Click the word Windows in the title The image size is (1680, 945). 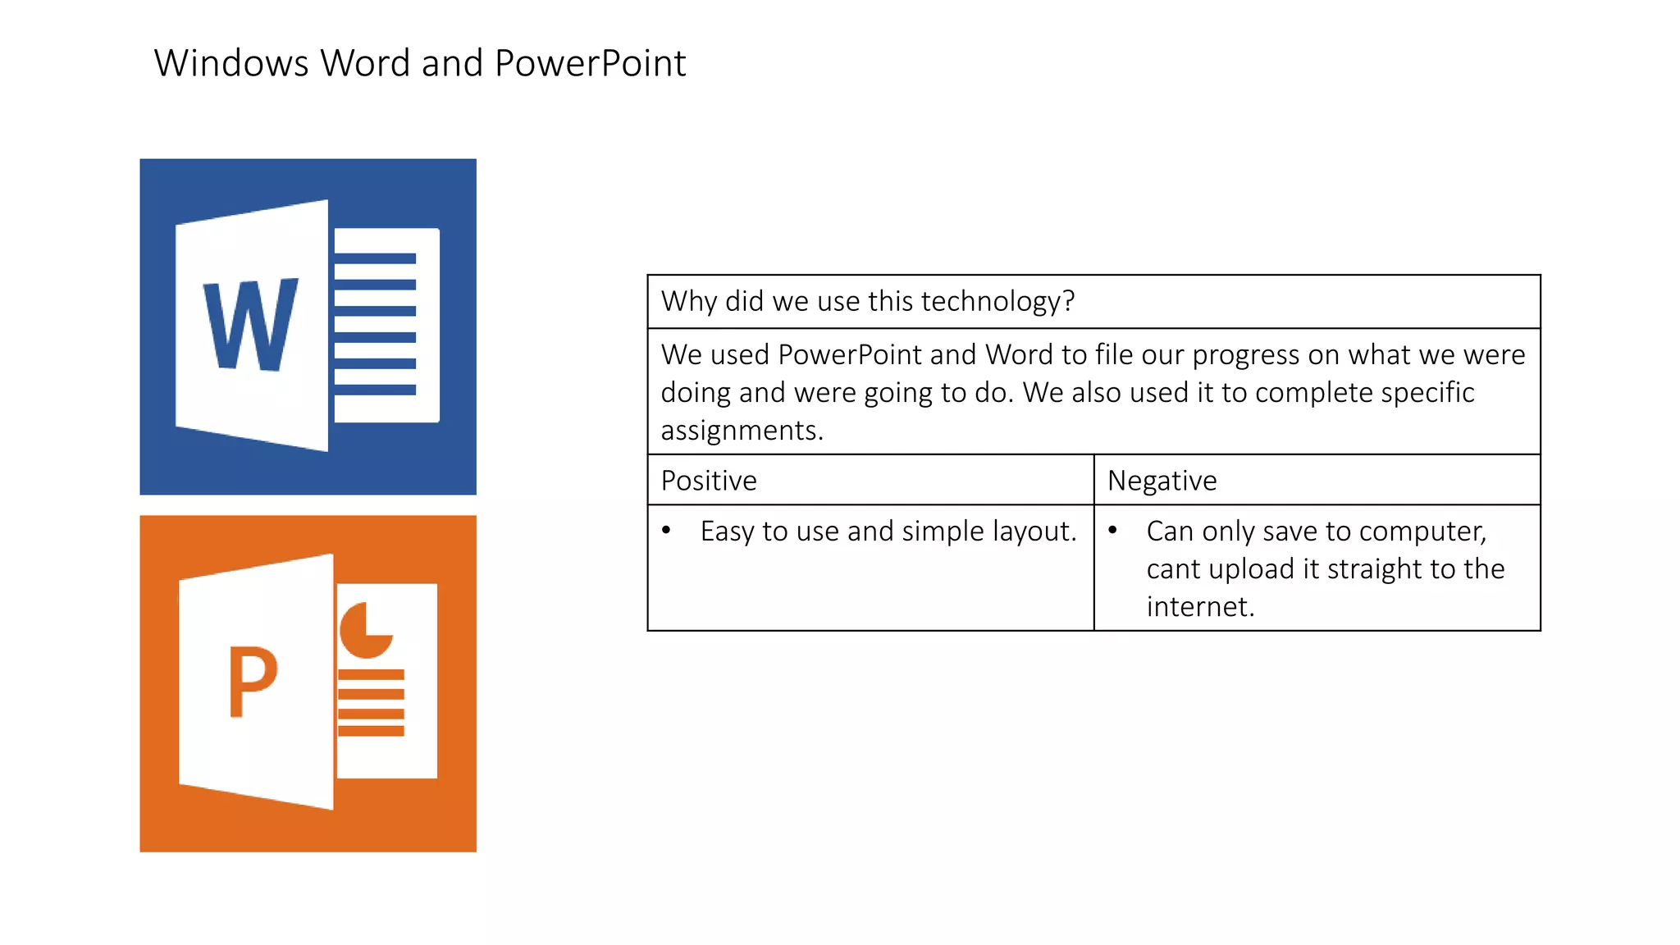pyautogui.click(x=231, y=63)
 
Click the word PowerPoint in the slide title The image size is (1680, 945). pyautogui.click(x=590, y=63)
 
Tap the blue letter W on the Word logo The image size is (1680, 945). pyautogui.click(x=250, y=325)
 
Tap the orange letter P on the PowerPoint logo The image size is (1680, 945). pyautogui.click(x=252, y=681)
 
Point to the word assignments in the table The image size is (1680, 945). pyautogui.click(x=741, y=431)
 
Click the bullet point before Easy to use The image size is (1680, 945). pyautogui.click(x=666, y=531)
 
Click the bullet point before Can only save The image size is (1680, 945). pyautogui.click(x=1112, y=531)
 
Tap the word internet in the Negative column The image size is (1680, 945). pyautogui.click(x=1199, y=607)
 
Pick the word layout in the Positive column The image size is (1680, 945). pyautogui.click(x=1033, y=532)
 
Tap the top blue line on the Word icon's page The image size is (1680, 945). pyautogui.click(x=375, y=258)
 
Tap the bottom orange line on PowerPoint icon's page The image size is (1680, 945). pyautogui.click(x=371, y=730)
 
